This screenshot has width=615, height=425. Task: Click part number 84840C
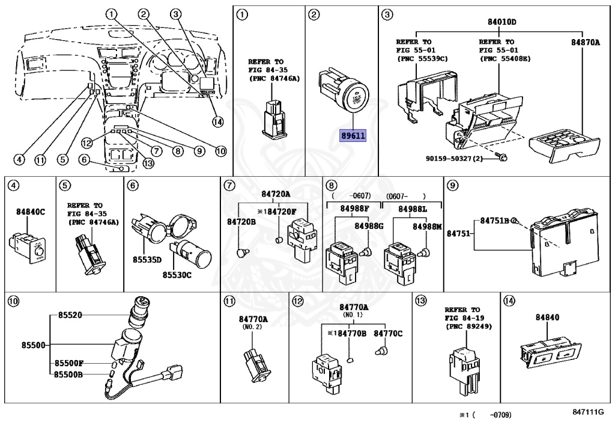click(30, 212)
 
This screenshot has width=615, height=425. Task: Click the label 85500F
click(68, 364)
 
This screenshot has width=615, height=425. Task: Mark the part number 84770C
click(389, 334)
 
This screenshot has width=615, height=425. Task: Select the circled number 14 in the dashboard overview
click(217, 121)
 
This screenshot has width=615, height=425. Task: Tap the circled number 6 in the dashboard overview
click(83, 160)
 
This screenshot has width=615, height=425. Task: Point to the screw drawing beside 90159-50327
click(503, 157)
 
